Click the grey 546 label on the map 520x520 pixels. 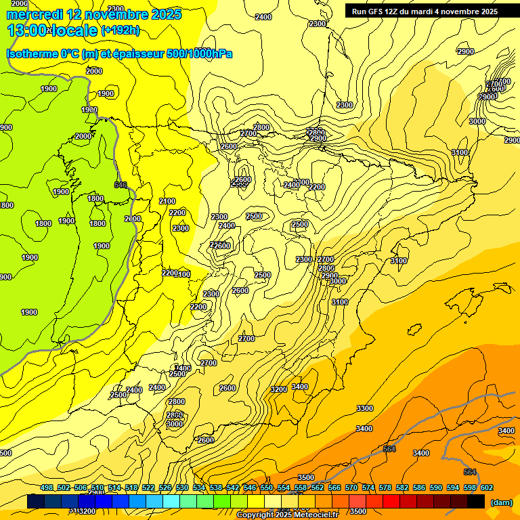[121, 185]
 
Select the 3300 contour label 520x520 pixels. [364, 408]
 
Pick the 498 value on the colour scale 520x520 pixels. [47, 487]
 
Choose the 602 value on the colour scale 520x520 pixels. [487, 487]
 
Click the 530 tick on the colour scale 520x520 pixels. [182, 487]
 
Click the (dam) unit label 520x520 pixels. [501, 502]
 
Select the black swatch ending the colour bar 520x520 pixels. [476, 502]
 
